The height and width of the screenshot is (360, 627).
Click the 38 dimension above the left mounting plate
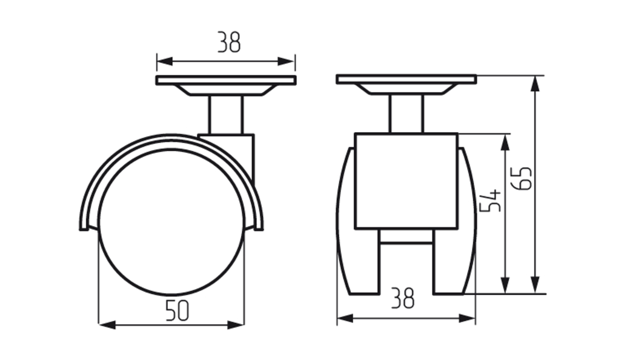coord(229,42)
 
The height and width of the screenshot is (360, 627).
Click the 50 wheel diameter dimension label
coord(177,310)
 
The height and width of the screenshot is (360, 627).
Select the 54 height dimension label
coord(490,201)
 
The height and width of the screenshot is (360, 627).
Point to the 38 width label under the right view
coord(403,298)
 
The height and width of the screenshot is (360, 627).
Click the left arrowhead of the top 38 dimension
coord(164,62)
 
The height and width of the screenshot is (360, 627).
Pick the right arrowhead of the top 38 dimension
coord(287,62)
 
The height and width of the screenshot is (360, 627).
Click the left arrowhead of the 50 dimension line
coord(107,325)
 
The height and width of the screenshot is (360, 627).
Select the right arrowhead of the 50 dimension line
coord(236,325)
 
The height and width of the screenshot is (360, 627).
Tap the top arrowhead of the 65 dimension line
coord(535,84)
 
